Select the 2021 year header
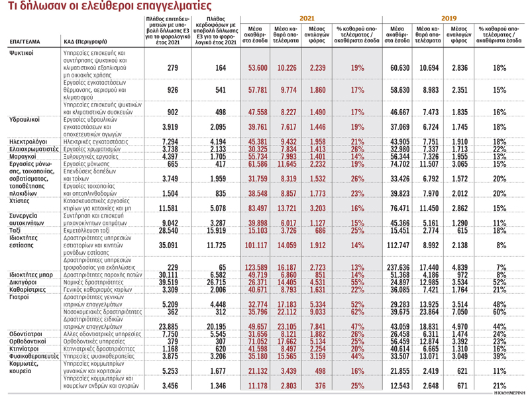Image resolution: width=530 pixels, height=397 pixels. pos(307,21)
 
